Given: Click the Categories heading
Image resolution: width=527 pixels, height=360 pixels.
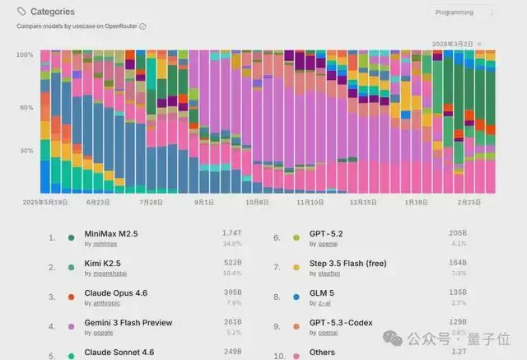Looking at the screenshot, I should coord(52,12).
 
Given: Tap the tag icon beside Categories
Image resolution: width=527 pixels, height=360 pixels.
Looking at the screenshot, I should coord(21,12).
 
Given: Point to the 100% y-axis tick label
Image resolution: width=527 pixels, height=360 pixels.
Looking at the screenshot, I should coord(26,54).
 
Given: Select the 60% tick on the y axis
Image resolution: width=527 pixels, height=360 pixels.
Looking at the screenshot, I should coord(26,108).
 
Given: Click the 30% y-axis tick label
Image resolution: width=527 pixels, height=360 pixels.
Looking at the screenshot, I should coord(26,151).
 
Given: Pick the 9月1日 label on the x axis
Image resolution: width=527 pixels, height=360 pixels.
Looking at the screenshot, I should coord(204,201).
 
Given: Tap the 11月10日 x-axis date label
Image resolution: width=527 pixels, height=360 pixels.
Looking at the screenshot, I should coord(310,201).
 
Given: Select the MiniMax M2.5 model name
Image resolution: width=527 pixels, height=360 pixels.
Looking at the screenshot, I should coord(111,234).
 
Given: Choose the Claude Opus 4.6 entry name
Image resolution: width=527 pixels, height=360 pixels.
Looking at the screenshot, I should coord(116,293).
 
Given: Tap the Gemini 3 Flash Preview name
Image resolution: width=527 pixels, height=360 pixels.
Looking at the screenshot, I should coord(128,323).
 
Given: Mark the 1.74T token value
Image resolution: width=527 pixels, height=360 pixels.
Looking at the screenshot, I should coord(231,234).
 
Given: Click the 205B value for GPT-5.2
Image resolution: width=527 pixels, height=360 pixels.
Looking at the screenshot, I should coord(457,234).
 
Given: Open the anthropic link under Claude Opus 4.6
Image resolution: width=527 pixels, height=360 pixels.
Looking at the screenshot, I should coord(100,302).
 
